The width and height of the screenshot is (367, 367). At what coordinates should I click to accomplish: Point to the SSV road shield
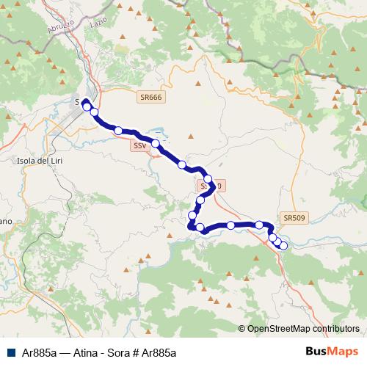(140, 146)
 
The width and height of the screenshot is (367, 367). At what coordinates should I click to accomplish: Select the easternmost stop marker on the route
(283, 245)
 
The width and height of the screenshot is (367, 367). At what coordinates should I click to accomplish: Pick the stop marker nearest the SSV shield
(156, 143)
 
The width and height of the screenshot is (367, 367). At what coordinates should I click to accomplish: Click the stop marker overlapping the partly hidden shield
(208, 179)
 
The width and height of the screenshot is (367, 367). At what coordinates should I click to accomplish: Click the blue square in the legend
(10, 352)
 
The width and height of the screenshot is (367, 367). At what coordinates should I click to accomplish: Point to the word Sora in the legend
(121, 352)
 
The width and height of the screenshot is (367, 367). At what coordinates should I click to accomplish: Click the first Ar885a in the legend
(37, 352)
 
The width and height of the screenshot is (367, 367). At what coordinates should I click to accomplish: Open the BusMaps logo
(332, 352)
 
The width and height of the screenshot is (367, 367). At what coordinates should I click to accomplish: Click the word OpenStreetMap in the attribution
(280, 329)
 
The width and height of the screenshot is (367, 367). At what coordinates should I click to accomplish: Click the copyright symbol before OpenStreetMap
(241, 329)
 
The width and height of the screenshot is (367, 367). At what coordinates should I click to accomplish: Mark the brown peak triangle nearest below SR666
(190, 136)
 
